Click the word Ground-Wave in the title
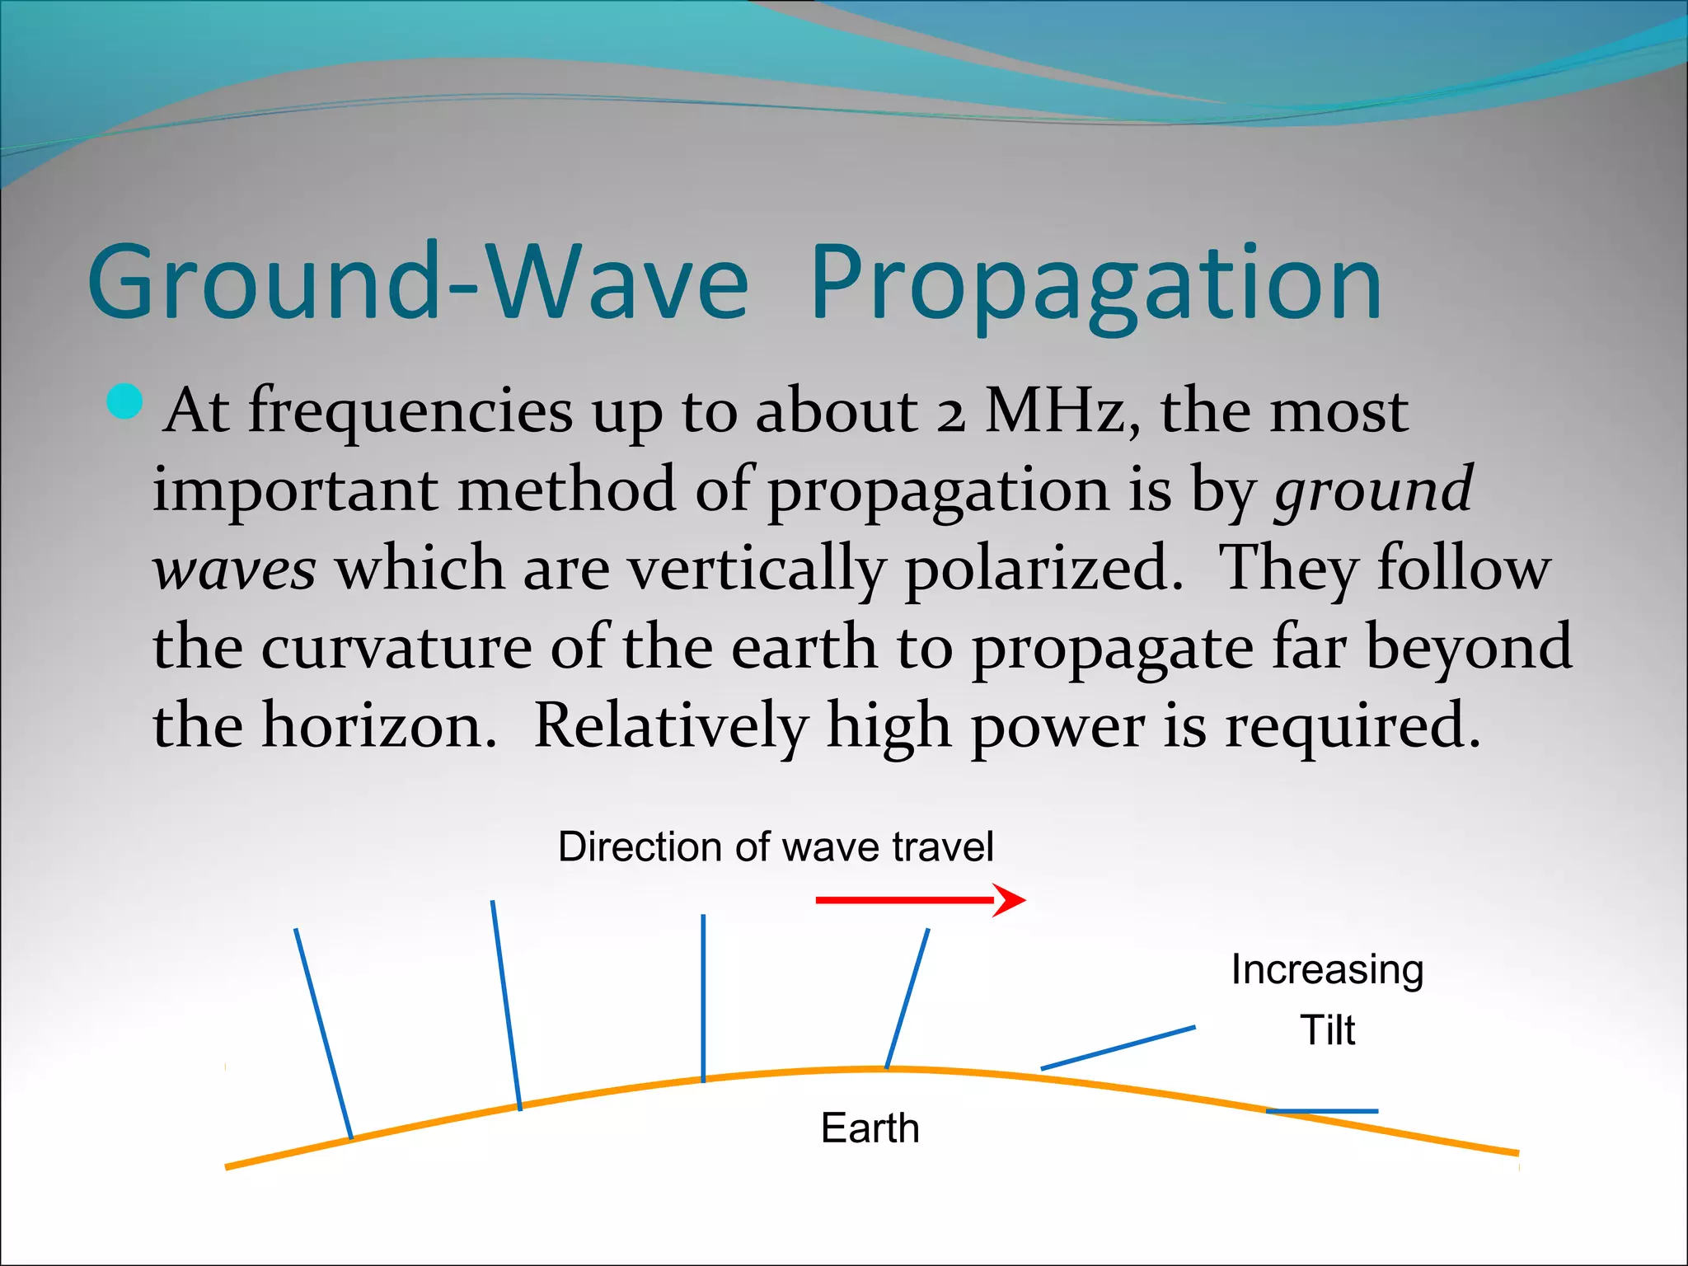pos(418,283)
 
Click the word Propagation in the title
pos(1096,284)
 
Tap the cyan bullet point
pos(125,402)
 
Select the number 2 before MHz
pos(950,412)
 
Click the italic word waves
pos(235,570)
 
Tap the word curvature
pos(396,647)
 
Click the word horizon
pos(379,726)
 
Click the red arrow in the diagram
pos(919,900)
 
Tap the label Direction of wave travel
pos(776,846)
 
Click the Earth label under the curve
pos(870,1128)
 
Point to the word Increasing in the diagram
pos(1327,969)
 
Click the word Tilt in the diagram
pos(1327,1030)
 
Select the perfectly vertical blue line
pos(703,997)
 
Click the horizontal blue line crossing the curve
pos(1322,1111)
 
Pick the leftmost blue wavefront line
pos(323,1034)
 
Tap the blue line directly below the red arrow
pos(907,998)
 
